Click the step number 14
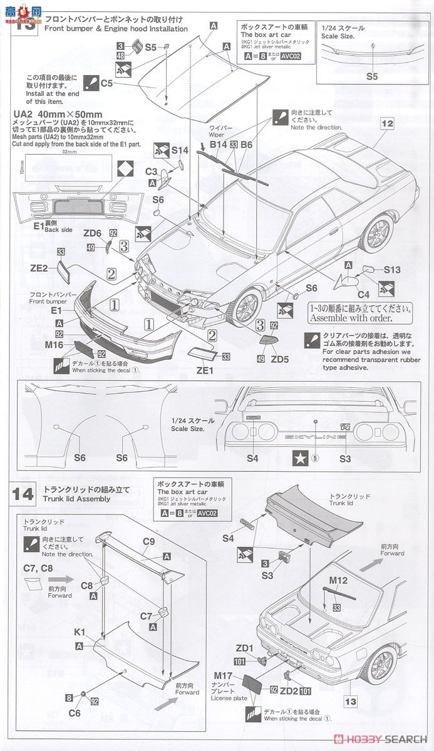(23, 493)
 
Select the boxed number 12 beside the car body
(387, 124)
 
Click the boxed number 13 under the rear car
(351, 702)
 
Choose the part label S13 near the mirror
(392, 270)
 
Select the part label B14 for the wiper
(218, 145)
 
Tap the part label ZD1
(245, 648)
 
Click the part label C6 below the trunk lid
(75, 713)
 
